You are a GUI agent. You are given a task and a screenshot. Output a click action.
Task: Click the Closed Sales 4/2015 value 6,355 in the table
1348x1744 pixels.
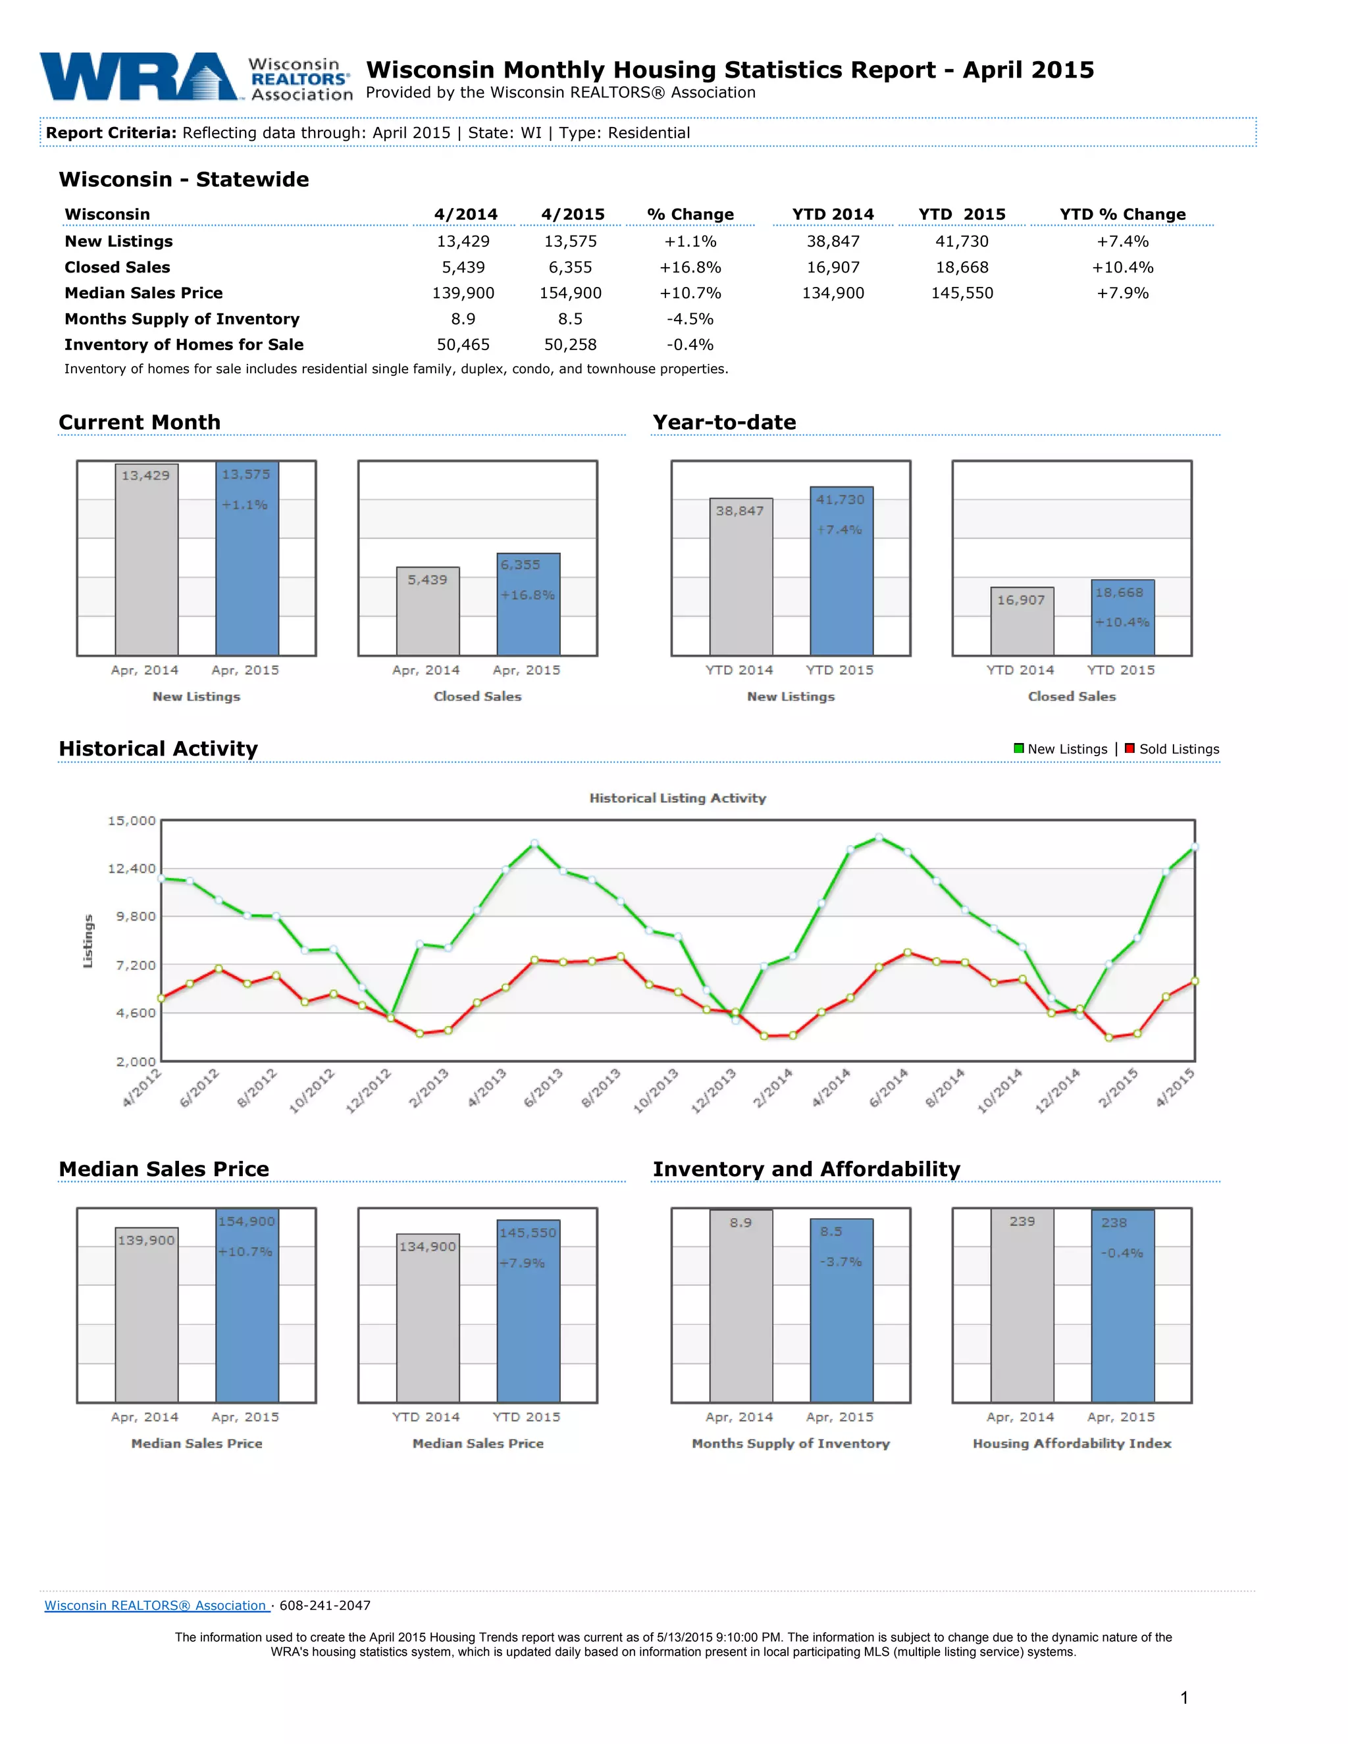[x=570, y=267]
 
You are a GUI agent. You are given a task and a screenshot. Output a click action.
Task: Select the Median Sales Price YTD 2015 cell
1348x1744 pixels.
[x=962, y=293]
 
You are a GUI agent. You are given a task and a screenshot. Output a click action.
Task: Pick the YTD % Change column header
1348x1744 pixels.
[x=1122, y=214]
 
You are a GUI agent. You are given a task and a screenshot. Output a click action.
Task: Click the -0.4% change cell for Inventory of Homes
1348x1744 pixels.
[x=690, y=345]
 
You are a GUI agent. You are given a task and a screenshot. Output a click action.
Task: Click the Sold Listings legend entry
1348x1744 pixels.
[x=1172, y=749]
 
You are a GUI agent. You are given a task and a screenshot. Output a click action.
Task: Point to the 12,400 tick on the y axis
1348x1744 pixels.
[x=132, y=869]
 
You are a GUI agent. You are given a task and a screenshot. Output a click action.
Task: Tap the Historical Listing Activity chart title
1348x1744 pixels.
[x=677, y=798]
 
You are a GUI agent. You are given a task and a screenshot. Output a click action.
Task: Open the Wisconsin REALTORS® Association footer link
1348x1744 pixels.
[x=156, y=1605]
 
